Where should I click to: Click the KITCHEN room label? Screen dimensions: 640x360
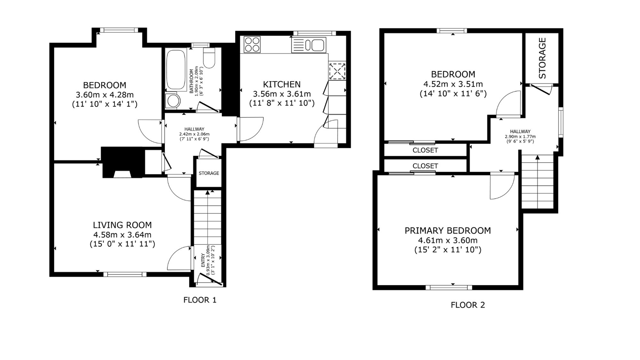click(x=282, y=84)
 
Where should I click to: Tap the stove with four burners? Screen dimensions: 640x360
click(x=252, y=44)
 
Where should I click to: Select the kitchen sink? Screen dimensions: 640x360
click(x=308, y=45)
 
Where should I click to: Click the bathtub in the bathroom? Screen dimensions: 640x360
click(x=175, y=69)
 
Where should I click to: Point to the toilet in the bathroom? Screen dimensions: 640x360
click(x=209, y=58)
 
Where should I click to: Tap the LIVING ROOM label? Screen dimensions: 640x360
click(x=122, y=225)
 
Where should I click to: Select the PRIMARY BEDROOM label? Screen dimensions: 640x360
click(x=448, y=231)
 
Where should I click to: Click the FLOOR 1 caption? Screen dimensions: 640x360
click(x=200, y=300)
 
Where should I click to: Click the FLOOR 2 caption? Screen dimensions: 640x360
click(x=468, y=305)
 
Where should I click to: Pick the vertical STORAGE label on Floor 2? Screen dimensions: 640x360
click(x=542, y=58)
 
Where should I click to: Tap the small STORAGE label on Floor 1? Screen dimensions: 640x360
click(x=209, y=173)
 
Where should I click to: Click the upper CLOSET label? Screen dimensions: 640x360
click(x=425, y=150)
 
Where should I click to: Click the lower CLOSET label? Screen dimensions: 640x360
click(x=425, y=166)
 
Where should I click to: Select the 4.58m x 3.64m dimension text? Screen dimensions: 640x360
click(x=122, y=235)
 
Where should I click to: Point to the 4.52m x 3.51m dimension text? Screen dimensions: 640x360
click(x=453, y=84)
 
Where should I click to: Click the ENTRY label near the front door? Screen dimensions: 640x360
click(x=203, y=260)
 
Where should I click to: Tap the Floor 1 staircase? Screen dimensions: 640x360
click(x=208, y=218)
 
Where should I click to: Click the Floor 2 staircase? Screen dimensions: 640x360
click(x=538, y=182)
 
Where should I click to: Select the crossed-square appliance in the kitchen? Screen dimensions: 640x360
click(x=337, y=71)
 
